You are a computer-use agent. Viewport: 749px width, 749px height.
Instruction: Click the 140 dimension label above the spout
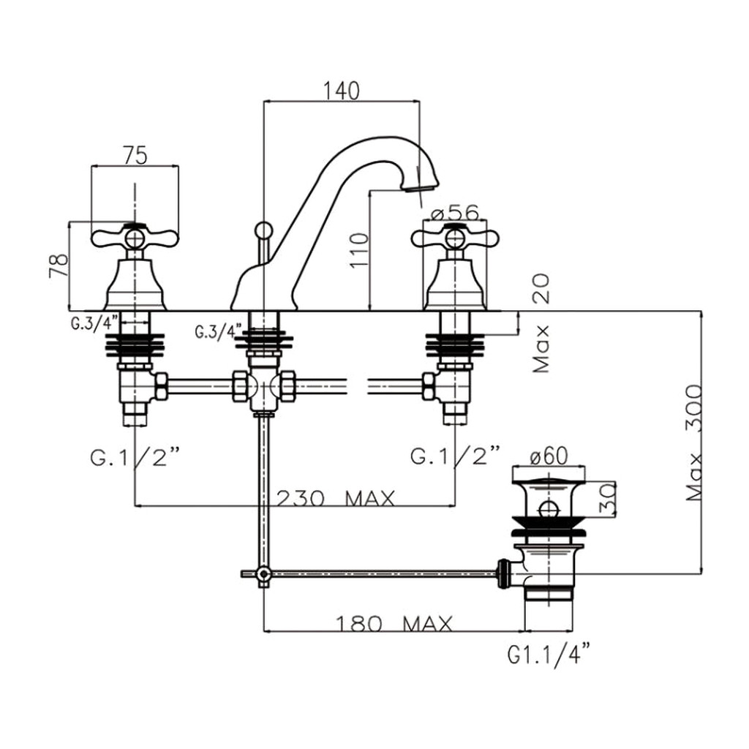point(341,91)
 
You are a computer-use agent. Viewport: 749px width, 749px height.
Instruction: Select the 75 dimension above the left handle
point(135,156)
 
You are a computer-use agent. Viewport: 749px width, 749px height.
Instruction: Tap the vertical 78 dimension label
point(59,266)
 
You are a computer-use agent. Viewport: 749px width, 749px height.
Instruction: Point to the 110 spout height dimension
point(359,250)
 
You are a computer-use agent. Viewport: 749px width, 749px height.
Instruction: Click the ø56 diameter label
point(454,213)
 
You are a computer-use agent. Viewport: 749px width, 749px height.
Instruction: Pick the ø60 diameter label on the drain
point(549,456)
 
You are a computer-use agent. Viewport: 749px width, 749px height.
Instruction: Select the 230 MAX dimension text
point(336,499)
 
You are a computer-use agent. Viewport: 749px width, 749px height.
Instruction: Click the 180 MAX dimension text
point(394,623)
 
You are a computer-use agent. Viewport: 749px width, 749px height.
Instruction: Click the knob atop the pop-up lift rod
point(263,229)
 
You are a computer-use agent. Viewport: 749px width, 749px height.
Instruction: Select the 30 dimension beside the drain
point(606,499)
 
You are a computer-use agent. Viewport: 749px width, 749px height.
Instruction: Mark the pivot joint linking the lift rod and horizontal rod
point(263,573)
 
